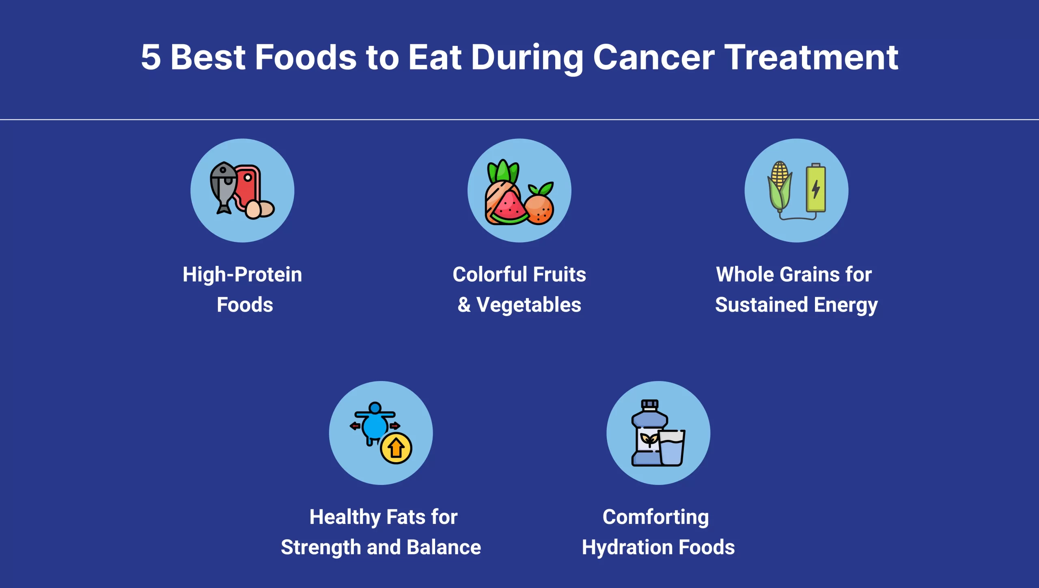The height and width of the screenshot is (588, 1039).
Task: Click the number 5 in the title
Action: point(151,58)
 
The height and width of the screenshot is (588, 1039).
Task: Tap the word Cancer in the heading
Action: point(653,58)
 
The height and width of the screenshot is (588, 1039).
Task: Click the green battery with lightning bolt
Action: point(816,188)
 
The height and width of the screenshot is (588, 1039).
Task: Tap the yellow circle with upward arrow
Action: point(396,448)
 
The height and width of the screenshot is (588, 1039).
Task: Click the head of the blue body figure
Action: point(375,408)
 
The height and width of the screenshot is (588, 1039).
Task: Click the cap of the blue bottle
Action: point(649,405)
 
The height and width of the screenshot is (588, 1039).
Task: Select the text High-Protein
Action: point(242,275)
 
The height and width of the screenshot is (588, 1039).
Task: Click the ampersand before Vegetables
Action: point(464,305)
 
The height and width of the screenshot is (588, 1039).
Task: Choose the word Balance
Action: point(444,547)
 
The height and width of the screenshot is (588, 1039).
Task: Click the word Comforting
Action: point(655,517)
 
